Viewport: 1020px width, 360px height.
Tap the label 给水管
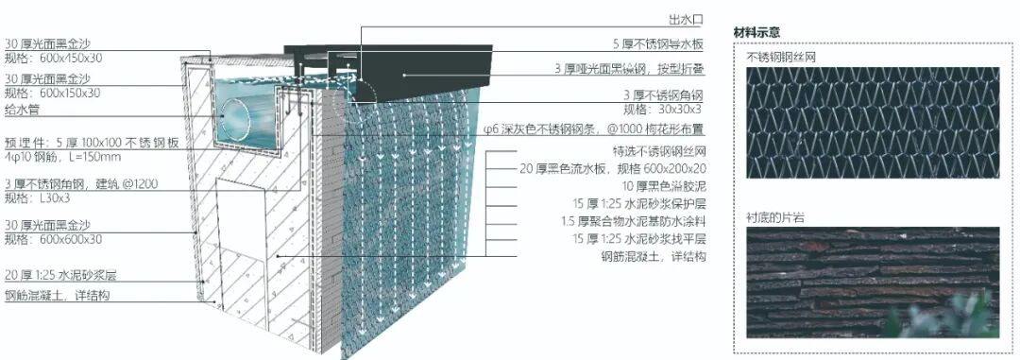23,110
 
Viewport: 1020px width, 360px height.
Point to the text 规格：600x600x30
53,241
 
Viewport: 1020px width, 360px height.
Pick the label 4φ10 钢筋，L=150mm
62,156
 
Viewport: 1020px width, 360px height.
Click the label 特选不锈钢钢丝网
652,151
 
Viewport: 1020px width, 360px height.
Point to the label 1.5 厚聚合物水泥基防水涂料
632,221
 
